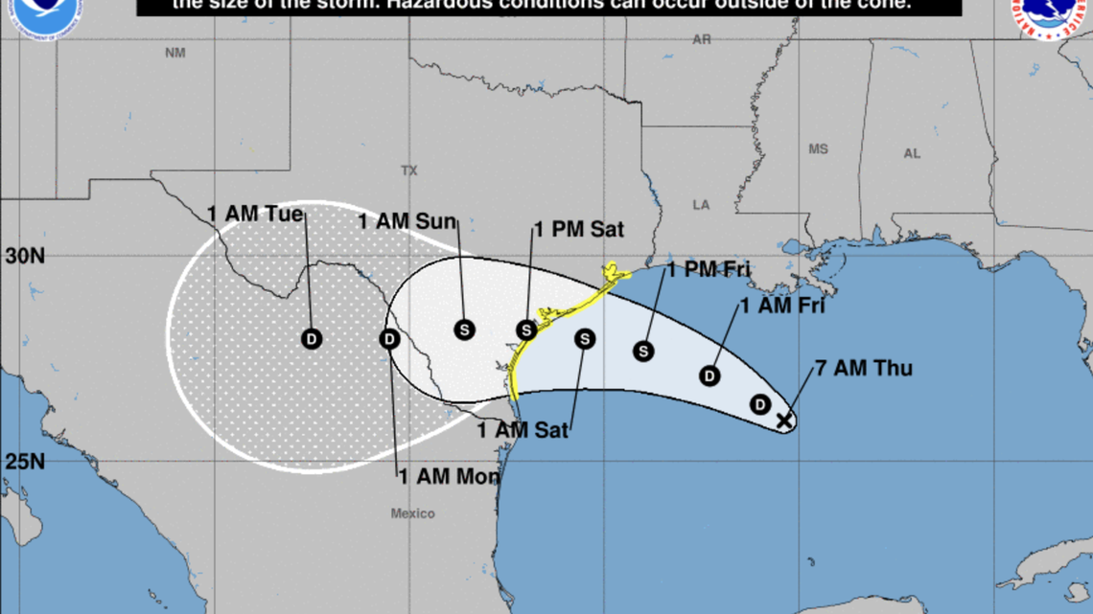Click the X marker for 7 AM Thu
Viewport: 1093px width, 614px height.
tap(784, 420)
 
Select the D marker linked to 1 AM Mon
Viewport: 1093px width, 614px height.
tap(389, 338)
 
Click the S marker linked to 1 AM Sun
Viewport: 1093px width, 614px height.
tap(464, 329)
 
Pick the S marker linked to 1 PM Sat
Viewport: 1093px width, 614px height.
tap(525, 330)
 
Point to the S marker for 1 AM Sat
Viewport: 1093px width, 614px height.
tap(585, 338)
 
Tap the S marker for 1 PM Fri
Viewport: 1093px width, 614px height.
tap(643, 352)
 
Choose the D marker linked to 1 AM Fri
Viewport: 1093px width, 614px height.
tap(709, 375)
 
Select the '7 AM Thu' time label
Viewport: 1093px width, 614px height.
tap(863, 369)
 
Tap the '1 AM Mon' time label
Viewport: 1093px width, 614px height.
tap(449, 476)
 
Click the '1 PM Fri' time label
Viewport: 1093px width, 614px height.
tap(709, 270)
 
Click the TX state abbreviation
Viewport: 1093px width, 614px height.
tap(409, 171)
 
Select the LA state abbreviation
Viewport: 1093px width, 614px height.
tap(702, 205)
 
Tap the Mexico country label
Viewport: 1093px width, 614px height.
tap(412, 514)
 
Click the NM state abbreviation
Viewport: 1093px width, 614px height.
tap(174, 53)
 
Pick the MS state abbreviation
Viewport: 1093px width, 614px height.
tap(818, 149)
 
